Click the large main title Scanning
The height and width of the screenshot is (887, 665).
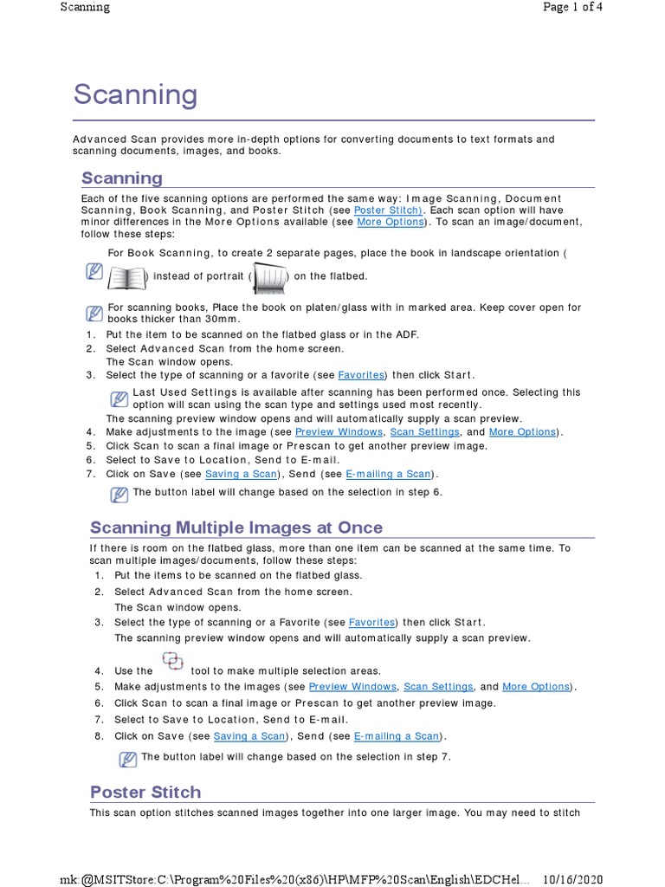click(x=135, y=94)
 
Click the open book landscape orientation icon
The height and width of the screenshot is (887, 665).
click(x=126, y=278)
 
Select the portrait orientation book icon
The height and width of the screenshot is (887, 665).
click(x=269, y=278)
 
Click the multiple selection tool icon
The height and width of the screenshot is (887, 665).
click(x=172, y=663)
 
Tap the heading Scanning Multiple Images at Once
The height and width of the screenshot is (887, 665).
click(x=236, y=528)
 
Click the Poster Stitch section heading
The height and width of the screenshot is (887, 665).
click(x=145, y=792)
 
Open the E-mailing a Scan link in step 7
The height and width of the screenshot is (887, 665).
click(x=388, y=474)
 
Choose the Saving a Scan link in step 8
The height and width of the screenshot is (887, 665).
click(x=249, y=736)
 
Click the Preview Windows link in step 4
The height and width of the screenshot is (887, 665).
click(x=339, y=432)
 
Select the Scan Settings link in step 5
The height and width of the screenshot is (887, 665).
click(x=438, y=687)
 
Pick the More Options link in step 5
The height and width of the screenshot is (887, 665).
click(x=536, y=687)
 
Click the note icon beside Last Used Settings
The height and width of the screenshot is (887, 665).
click(x=119, y=398)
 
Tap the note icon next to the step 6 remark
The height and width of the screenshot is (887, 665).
click(x=119, y=495)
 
